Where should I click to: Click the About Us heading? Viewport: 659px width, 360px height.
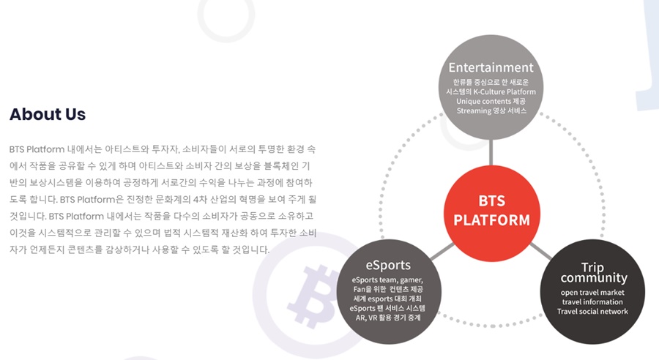point(48,114)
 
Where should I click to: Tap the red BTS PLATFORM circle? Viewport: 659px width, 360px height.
point(492,214)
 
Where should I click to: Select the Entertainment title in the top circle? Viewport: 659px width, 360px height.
point(491,67)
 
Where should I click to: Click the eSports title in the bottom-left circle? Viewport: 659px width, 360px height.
point(388,265)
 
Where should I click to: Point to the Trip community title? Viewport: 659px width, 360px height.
point(593,273)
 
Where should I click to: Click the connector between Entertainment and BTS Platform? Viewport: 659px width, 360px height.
point(491,152)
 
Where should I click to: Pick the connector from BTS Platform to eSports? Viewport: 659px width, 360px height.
point(442,251)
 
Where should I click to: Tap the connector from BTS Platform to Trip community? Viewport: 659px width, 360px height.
point(541,251)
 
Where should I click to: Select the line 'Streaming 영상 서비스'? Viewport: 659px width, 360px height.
point(491,111)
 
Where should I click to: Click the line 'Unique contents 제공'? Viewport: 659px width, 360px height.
point(491,101)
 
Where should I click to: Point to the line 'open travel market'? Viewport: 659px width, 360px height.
point(592,293)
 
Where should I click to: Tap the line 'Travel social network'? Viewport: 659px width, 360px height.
point(592,311)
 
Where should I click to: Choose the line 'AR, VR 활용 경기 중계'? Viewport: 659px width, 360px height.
point(388,318)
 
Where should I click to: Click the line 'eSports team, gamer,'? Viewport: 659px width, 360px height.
point(387,280)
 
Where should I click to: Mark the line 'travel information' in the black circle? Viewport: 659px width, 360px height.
point(592,301)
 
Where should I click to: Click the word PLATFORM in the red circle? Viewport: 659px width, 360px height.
point(492,220)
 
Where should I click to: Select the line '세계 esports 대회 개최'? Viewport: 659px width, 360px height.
point(387,299)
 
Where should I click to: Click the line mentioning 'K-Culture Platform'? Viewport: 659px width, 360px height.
point(491,91)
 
